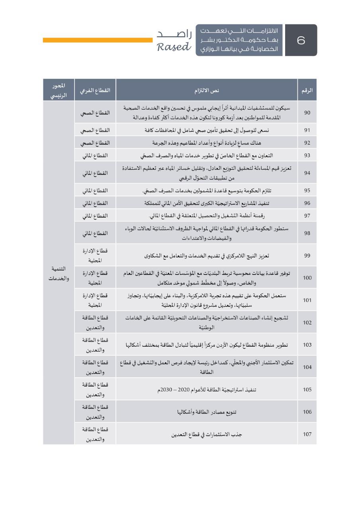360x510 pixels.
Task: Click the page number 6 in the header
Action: (x=301, y=40)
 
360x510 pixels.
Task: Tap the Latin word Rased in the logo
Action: (x=174, y=47)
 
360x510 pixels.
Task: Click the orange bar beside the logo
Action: (x=98, y=40)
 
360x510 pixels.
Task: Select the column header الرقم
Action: (x=307, y=90)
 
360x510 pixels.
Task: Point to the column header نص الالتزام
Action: (x=207, y=90)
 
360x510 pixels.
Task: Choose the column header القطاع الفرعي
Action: (x=95, y=90)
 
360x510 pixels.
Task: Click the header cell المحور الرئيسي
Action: (x=59, y=90)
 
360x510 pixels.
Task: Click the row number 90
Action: (x=307, y=113)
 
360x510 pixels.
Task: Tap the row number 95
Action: (x=307, y=190)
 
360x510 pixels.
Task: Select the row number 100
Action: (x=307, y=278)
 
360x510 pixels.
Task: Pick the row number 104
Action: (x=307, y=367)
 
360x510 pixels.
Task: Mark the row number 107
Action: (x=307, y=434)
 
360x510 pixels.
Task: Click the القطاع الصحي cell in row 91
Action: (x=95, y=130)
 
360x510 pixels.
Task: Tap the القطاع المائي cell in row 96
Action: (x=95, y=203)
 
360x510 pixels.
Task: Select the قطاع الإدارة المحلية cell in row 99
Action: (x=95, y=255)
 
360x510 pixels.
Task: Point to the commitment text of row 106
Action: (x=207, y=412)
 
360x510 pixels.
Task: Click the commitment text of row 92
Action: (x=207, y=143)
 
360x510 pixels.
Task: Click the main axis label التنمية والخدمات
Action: (x=59, y=273)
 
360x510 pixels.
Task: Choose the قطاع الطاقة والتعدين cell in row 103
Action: (x=95, y=345)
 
